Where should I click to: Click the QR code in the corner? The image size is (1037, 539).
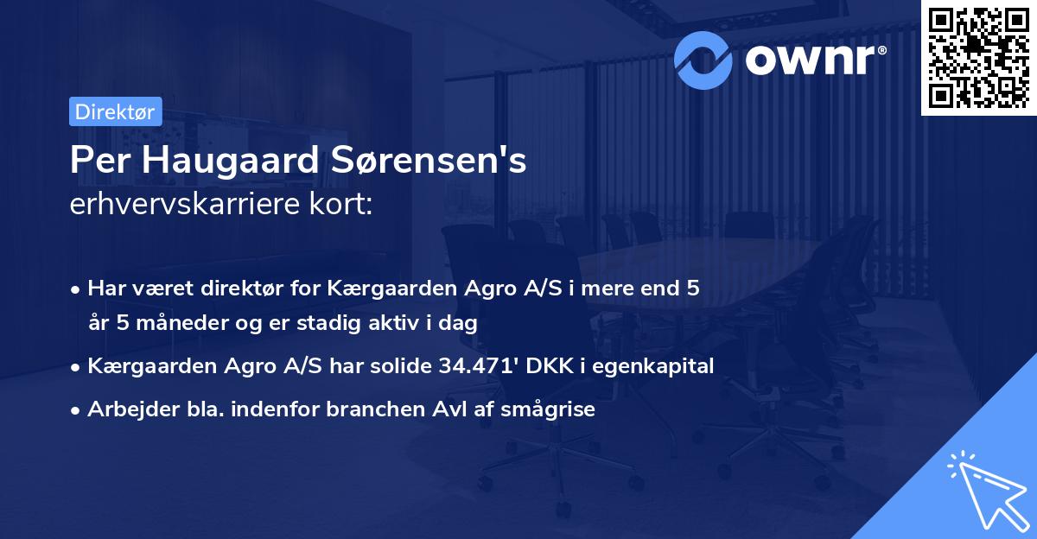point(978,58)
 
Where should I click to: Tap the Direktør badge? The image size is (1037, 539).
point(115,111)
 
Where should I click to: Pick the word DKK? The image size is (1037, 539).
point(538,366)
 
